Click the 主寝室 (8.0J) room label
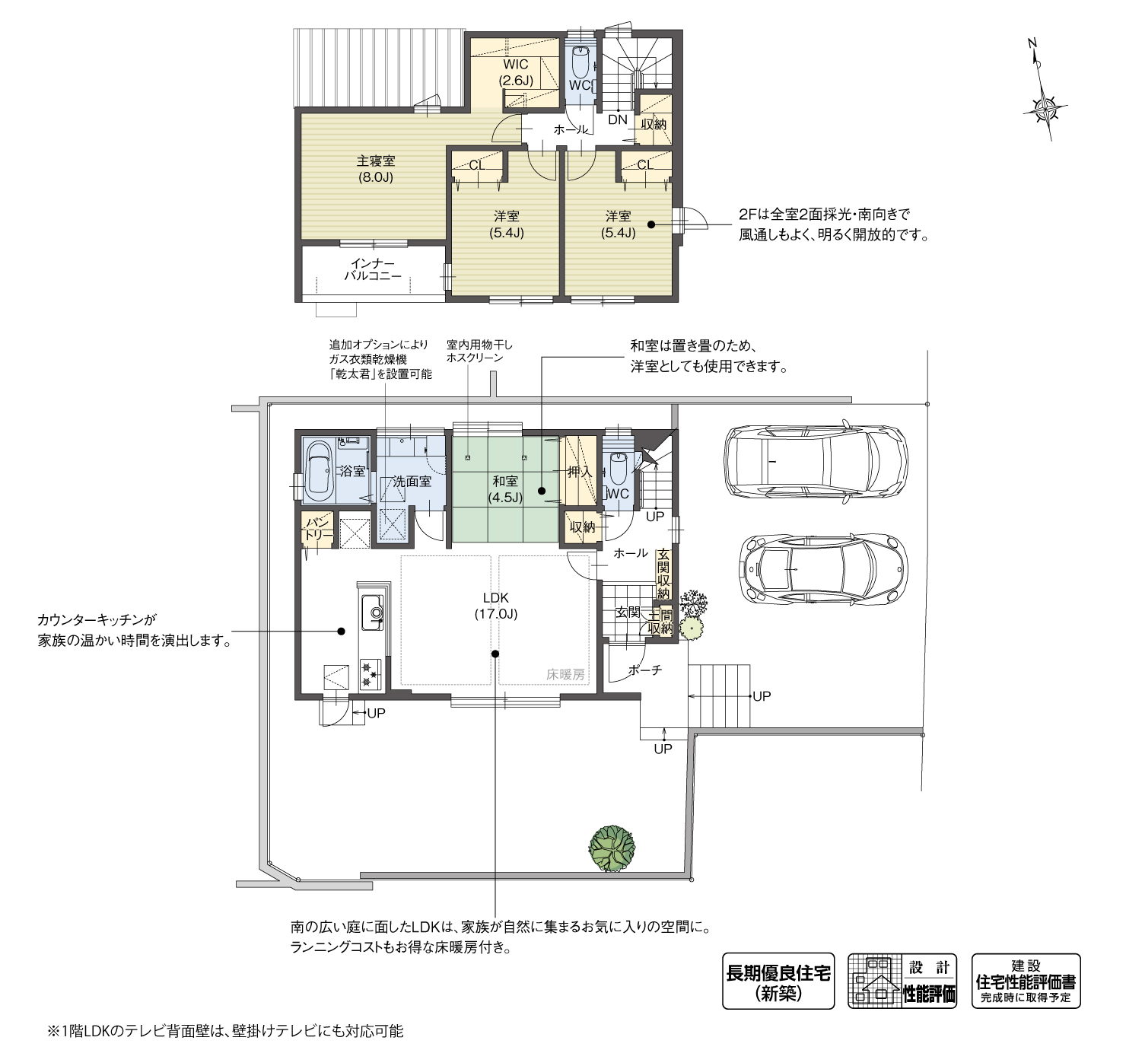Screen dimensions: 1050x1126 [375, 170]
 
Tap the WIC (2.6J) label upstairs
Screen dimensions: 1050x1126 [515, 72]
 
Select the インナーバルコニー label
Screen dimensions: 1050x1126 [372, 269]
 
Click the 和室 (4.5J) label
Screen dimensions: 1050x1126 [505, 488]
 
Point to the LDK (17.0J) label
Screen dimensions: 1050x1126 [495, 605]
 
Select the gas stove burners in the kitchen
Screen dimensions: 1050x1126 [370, 673]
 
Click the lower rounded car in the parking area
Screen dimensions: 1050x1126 [822, 569]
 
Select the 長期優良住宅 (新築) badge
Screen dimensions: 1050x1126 [778, 981]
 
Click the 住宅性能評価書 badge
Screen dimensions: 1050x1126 [1026, 981]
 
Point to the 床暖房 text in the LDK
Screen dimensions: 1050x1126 [565, 674]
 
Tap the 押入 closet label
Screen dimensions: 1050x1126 [580, 472]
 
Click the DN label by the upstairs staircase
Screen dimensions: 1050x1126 [617, 119]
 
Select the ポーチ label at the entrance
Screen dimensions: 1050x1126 [644, 670]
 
